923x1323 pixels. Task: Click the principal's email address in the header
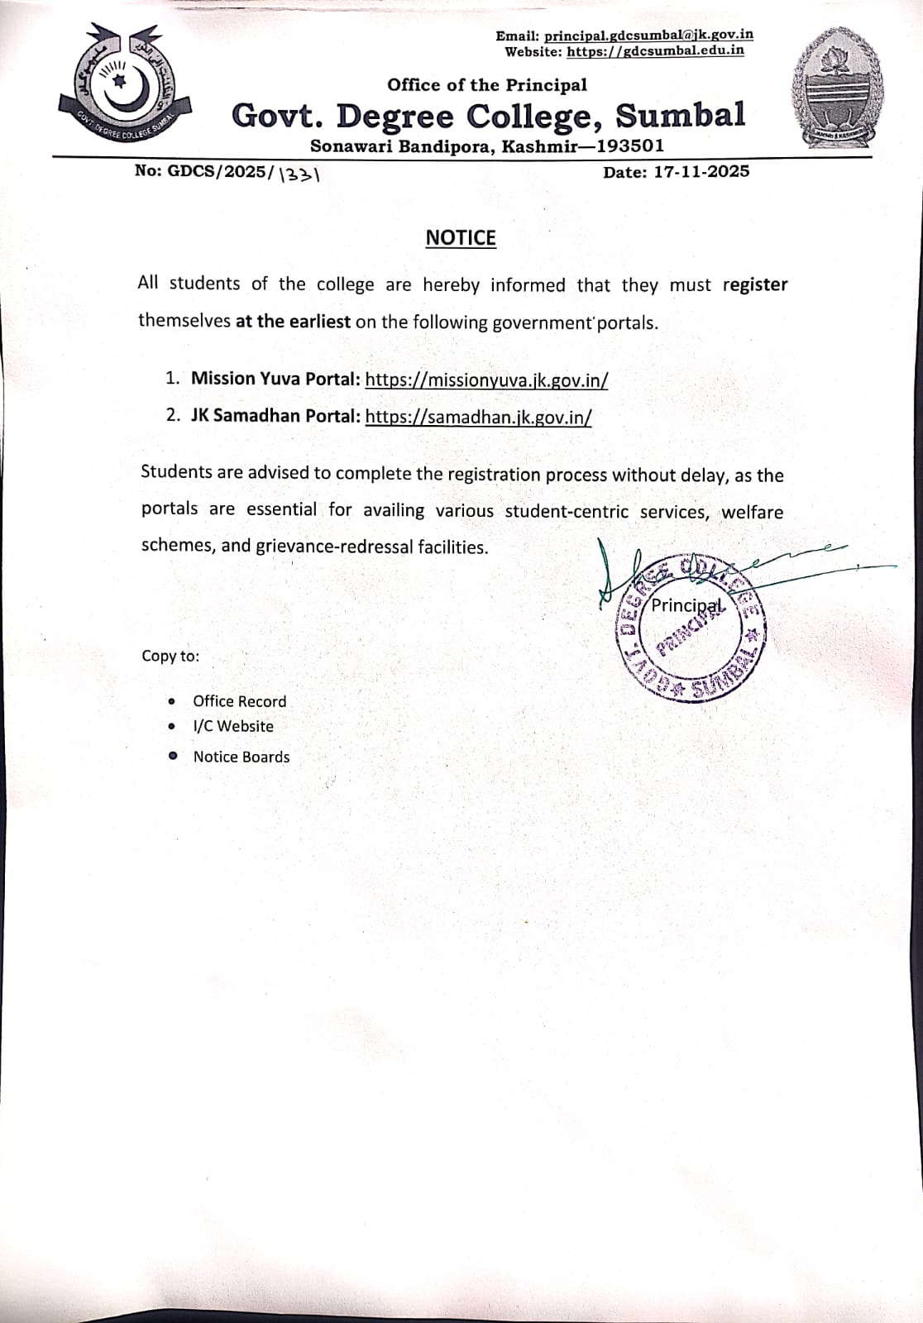(x=648, y=36)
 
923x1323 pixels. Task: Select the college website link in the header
(x=655, y=50)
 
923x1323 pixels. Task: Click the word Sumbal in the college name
(x=680, y=115)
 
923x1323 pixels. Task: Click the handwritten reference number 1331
(x=300, y=174)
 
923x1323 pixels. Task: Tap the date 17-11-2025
(x=701, y=171)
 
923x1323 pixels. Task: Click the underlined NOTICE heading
(x=461, y=238)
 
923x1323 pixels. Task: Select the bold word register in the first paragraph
(x=754, y=284)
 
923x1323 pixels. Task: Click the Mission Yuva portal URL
(x=486, y=380)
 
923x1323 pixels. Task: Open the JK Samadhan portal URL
(x=478, y=417)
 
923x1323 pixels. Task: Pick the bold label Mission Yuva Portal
(x=275, y=379)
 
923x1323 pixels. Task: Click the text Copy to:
(x=170, y=656)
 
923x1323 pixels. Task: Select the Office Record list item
(x=239, y=701)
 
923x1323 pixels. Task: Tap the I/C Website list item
(x=233, y=726)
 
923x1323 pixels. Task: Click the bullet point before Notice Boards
(x=172, y=756)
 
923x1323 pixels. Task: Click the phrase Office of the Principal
(x=487, y=84)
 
